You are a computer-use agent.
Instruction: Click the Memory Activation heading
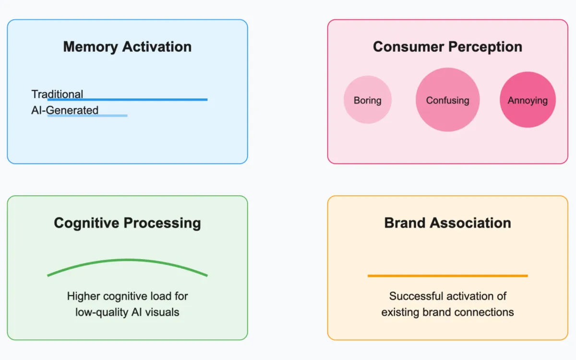click(x=127, y=47)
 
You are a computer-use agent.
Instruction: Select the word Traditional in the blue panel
click(x=57, y=94)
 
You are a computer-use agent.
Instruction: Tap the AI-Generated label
click(x=65, y=110)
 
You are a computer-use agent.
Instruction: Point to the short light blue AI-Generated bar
click(x=110, y=115)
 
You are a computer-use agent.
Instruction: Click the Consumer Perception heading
click(x=447, y=47)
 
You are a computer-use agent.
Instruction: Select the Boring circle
click(x=368, y=100)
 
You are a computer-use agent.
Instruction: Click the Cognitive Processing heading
click(x=127, y=223)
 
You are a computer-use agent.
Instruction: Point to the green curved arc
click(x=127, y=261)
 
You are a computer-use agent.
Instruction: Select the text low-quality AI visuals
click(x=127, y=312)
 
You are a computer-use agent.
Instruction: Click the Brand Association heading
click(x=447, y=223)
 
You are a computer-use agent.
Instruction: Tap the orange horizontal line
click(x=447, y=276)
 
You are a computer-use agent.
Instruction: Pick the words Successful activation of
click(x=447, y=296)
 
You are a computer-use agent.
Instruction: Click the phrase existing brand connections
click(x=447, y=312)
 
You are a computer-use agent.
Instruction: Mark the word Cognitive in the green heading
click(x=86, y=223)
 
